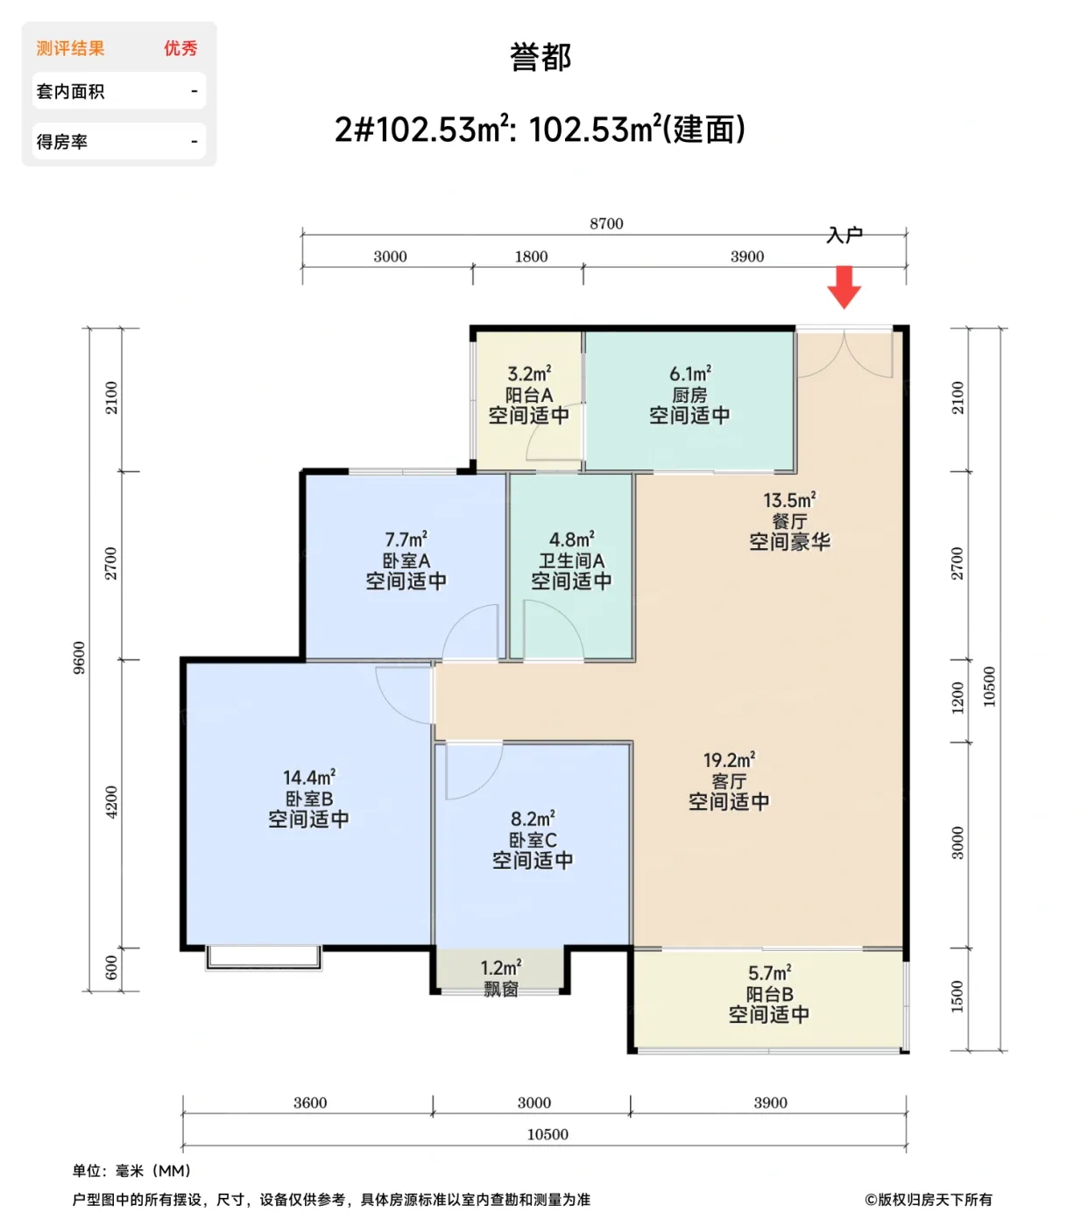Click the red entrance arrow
[844, 287]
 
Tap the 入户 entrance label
[844, 235]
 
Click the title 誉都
[540, 58]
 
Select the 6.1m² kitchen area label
[690, 374]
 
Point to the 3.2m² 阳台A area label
[529, 374]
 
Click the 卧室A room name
[406, 560]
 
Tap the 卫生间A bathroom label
[571, 560]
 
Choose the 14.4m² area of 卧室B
[308, 778]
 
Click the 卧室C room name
[533, 840]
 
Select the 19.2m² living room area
[729, 760]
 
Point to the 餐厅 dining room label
[789, 521]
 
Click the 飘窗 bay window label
[501, 989]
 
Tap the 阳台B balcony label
[769, 994]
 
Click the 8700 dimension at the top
[606, 224]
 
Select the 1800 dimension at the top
[531, 257]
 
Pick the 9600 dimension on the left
[80, 658]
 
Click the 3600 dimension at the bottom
[310, 1103]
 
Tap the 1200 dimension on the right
[957, 698]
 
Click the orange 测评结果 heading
[70, 48]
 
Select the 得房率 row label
[61, 142]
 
